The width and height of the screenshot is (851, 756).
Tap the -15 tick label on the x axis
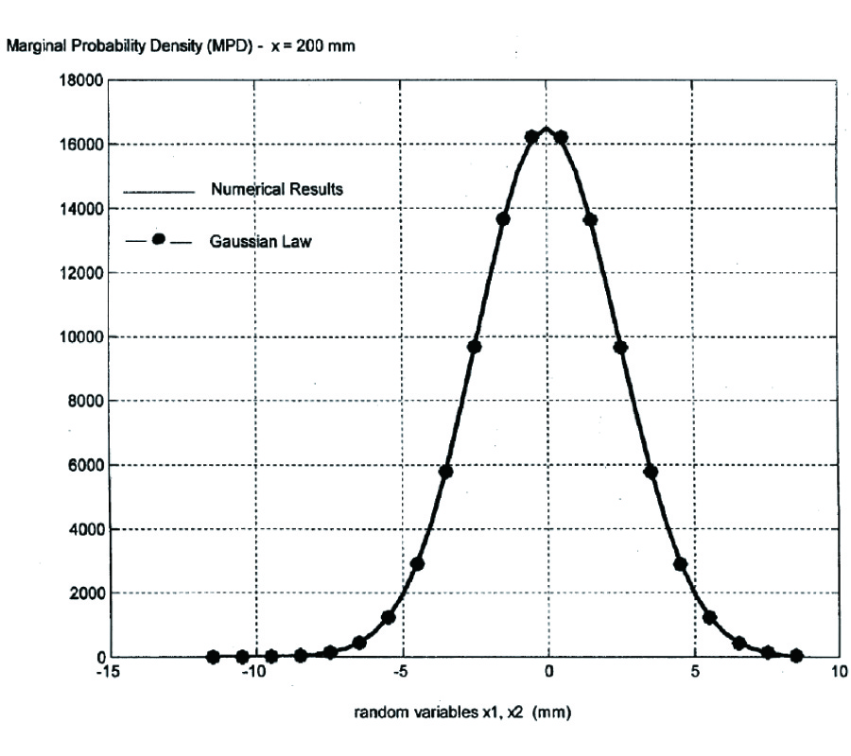[x=111, y=672]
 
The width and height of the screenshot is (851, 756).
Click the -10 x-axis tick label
[x=256, y=672]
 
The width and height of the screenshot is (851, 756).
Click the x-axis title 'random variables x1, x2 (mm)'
[x=461, y=713]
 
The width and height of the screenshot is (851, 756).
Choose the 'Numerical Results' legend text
[x=277, y=189]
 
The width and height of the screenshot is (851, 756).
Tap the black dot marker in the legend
[x=158, y=240]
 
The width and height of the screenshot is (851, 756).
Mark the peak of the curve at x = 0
[x=547, y=128]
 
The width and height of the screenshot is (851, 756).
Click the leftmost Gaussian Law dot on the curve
[x=213, y=657]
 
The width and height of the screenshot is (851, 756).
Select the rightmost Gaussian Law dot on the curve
[x=797, y=656]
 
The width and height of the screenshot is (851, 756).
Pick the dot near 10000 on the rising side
[x=474, y=347]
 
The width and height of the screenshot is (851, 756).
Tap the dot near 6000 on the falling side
[x=650, y=472]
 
